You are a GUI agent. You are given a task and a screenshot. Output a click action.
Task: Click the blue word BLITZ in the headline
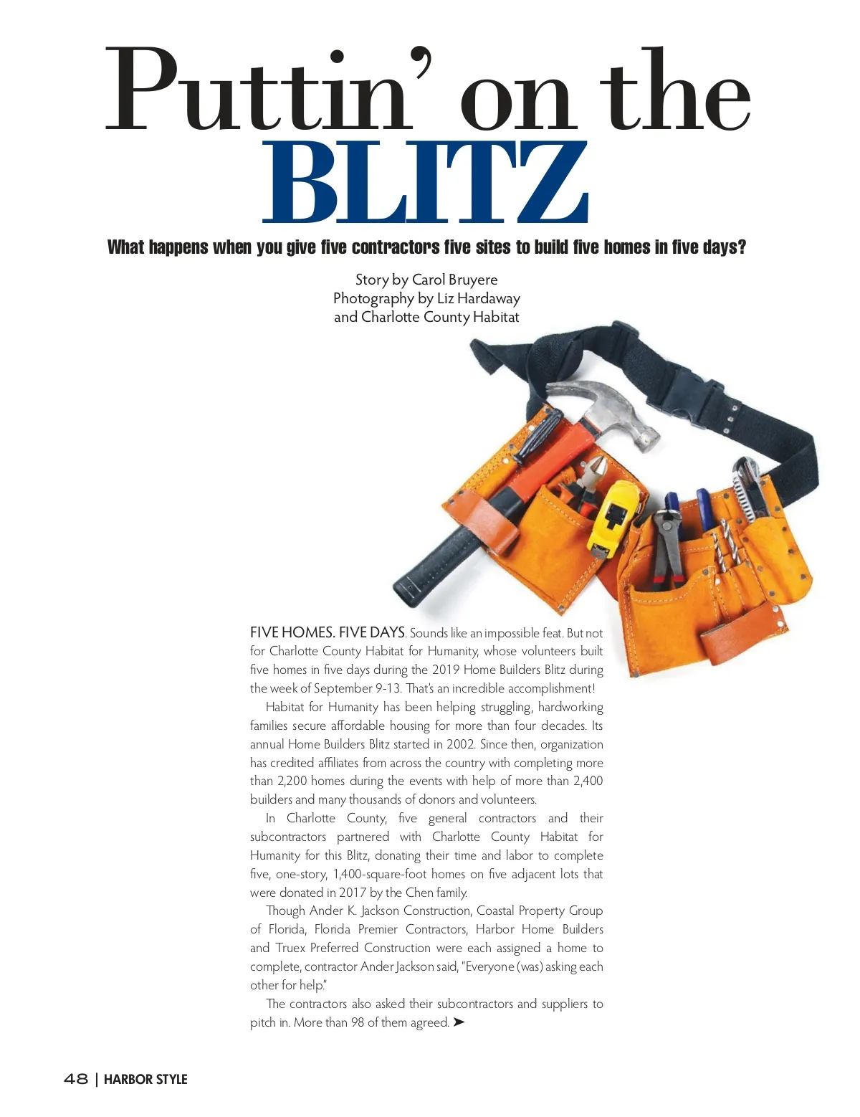pyautogui.click(x=427, y=184)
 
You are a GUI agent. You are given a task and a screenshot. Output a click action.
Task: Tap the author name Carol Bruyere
pyautogui.click(x=454, y=280)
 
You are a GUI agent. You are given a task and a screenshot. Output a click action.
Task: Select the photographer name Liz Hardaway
pyautogui.click(x=478, y=298)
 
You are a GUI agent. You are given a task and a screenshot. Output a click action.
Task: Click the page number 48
pyautogui.click(x=76, y=1079)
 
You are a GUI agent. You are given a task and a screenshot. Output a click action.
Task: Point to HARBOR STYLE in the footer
pyautogui.click(x=145, y=1079)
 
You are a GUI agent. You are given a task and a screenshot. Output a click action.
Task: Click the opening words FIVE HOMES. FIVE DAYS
pyautogui.click(x=328, y=632)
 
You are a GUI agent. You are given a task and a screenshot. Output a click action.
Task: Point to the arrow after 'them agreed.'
pyautogui.click(x=459, y=1022)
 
